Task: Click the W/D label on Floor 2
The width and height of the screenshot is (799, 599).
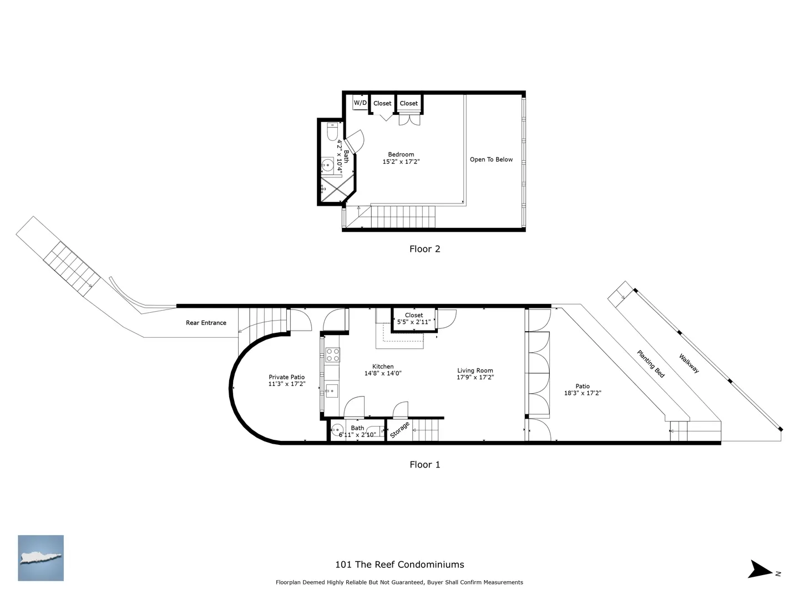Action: [x=360, y=103]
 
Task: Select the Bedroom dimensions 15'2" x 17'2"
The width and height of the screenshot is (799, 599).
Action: [x=401, y=161]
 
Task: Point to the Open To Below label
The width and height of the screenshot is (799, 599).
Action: [x=491, y=159]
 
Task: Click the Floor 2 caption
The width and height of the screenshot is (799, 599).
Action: [x=424, y=249]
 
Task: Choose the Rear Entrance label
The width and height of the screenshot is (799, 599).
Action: [x=206, y=323]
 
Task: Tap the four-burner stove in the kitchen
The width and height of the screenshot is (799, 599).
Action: [x=333, y=354]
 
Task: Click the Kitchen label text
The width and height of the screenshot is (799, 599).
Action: [x=382, y=366]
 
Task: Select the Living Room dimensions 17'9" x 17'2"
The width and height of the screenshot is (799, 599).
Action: [x=475, y=377]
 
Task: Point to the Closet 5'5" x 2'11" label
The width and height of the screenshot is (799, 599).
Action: [x=413, y=318]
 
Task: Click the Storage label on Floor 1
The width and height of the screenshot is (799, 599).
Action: [x=399, y=429]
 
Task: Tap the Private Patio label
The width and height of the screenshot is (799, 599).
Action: [x=286, y=377]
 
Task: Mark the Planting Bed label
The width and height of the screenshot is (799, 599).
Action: [x=651, y=364]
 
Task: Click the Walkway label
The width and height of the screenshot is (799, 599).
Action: [x=689, y=363]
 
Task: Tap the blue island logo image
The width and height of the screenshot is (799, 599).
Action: [x=41, y=558]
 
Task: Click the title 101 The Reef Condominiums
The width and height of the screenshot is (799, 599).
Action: [x=399, y=565]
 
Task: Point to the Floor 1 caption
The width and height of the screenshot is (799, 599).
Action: [x=424, y=464]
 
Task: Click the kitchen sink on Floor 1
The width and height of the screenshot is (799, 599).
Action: [x=332, y=390]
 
